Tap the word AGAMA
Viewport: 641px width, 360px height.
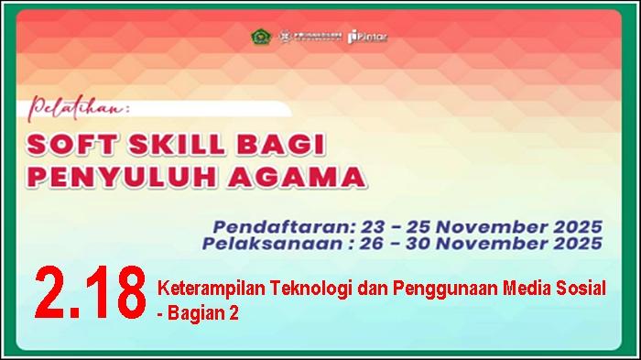tap(294, 174)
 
